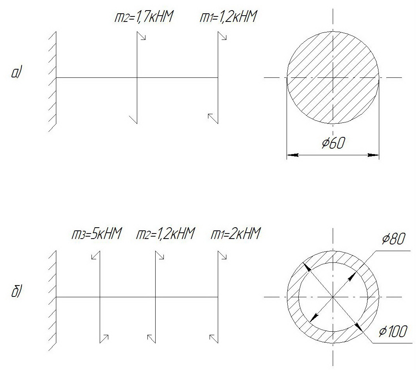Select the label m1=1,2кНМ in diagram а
[228, 17]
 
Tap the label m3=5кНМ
[97, 233]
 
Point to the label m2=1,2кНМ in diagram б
[165, 233]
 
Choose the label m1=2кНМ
[236, 233]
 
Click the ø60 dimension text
[334, 143]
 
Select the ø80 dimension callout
[394, 239]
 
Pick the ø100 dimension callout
[393, 331]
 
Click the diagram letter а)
[16, 73]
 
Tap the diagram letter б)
[16, 291]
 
